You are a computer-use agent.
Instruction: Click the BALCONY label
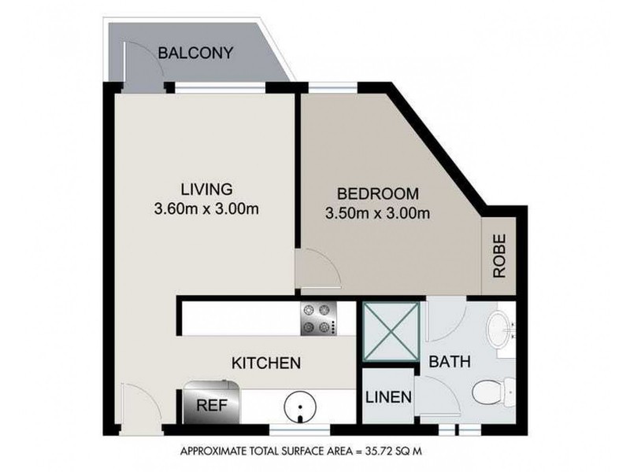(195, 53)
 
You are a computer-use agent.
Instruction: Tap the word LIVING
(206, 190)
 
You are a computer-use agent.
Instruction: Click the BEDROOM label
(378, 194)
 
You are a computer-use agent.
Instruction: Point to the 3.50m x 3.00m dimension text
(377, 212)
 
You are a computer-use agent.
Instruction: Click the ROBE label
(499, 256)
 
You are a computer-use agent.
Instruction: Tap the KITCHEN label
(266, 363)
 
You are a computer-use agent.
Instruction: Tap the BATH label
(450, 363)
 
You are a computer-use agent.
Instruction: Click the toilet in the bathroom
(488, 392)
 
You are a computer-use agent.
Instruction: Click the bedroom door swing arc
(321, 266)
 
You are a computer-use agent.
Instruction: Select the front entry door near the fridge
(135, 404)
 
